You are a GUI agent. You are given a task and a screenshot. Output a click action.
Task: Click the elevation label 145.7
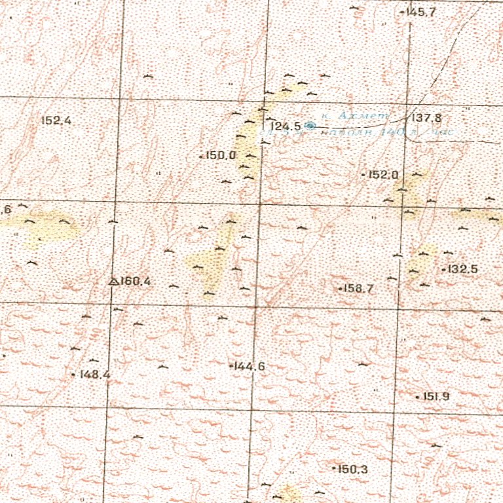click(421, 12)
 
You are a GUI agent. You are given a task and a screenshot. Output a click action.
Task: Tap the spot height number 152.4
click(56, 121)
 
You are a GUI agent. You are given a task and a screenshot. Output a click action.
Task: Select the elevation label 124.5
click(285, 126)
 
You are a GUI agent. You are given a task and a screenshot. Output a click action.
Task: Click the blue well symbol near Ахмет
click(310, 125)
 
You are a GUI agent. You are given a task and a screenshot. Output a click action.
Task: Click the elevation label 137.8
click(426, 118)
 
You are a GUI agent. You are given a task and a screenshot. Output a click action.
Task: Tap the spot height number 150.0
click(220, 155)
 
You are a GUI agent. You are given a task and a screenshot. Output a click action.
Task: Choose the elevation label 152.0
click(384, 175)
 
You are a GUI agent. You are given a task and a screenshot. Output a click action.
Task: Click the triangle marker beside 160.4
click(113, 282)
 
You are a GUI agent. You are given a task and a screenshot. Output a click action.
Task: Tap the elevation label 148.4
click(94, 375)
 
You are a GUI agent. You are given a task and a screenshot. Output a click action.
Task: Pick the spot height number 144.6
click(250, 367)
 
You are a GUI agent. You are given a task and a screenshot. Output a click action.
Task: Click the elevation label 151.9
click(436, 397)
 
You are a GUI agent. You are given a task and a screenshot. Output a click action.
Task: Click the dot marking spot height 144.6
click(231, 366)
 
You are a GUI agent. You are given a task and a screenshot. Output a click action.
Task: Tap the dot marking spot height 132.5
click(443, 269)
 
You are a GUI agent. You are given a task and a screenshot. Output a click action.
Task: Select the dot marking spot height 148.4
click(73, 375)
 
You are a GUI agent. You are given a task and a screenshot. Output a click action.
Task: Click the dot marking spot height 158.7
click(340, 288)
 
